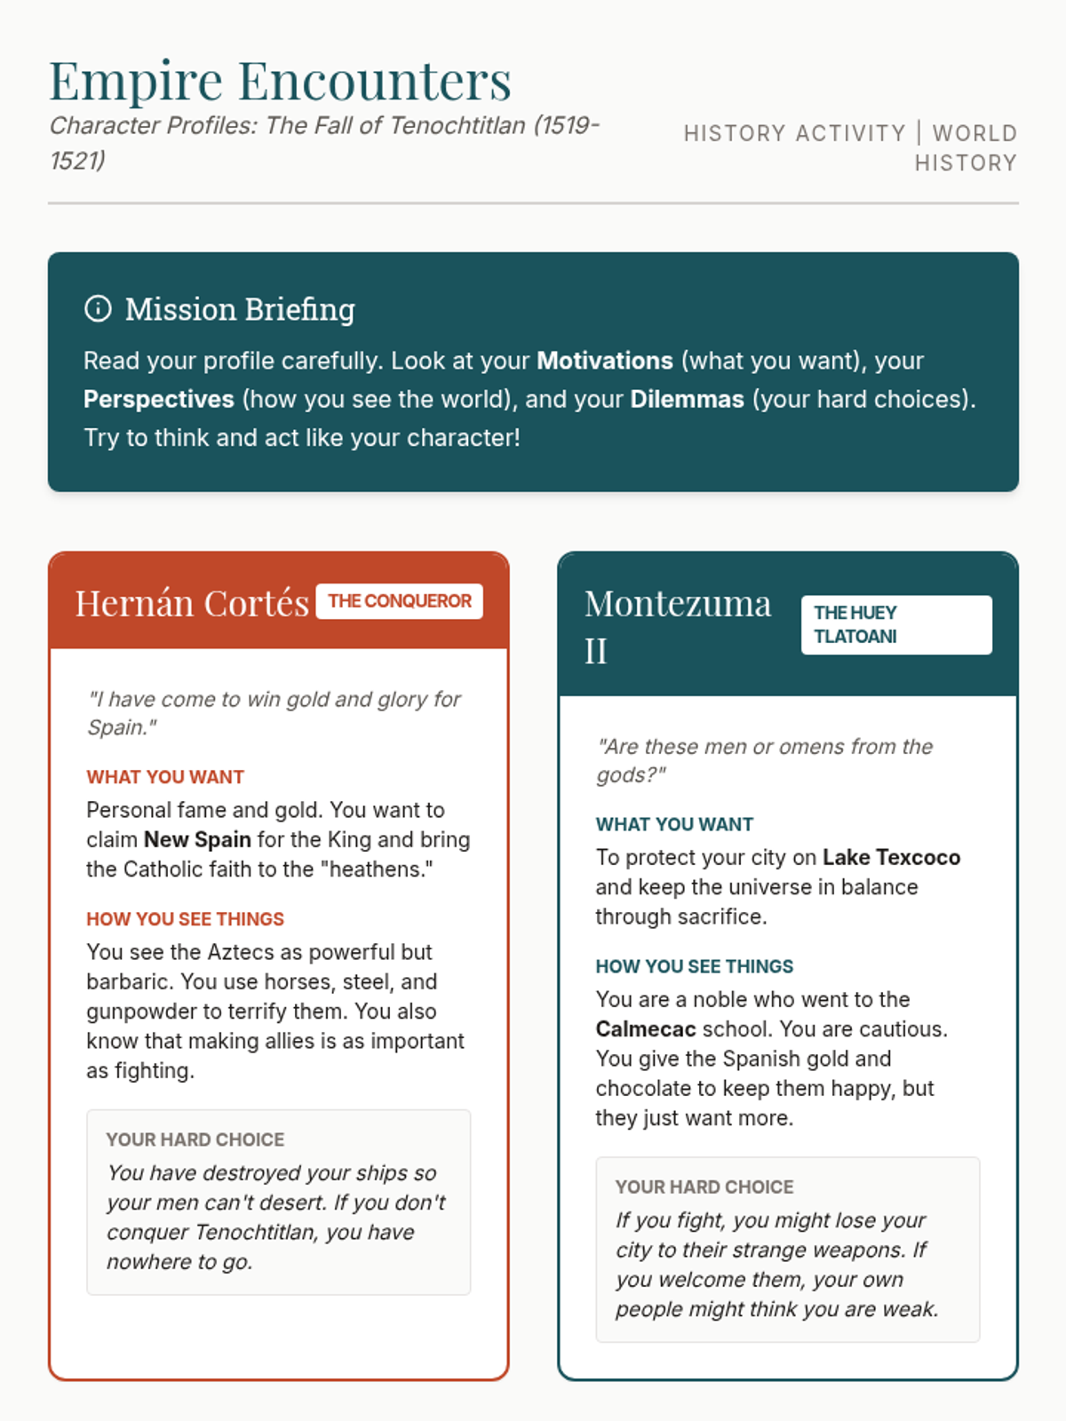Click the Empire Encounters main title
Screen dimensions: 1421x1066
(x=280, y=81)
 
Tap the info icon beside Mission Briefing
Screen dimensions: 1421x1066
(x=98, y=309)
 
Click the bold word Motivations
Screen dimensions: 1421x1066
(x=604, y=361)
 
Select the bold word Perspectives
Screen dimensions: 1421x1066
(x=158, y=399)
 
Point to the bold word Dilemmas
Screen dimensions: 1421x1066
(x=687, y=399)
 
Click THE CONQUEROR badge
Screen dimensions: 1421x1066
(x=399, y=601)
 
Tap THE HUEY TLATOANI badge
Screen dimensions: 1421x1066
(x=895, y=624)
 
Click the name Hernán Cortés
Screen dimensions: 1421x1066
(x=192, y=604)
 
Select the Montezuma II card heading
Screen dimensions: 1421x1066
(x=677, y=626)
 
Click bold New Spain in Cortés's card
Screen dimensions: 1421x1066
(x=197, y=839)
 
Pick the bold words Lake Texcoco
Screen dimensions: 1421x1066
(x=891, y=857)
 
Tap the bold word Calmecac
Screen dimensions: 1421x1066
(x=646, y=1028)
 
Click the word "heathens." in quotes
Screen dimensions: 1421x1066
(x=380, y=869)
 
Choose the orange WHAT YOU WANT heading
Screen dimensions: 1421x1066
(x=165, y=777)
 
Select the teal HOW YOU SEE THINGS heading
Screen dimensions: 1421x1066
(x=694, y=966)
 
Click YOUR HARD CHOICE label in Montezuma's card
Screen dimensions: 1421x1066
(x=704, y=1187)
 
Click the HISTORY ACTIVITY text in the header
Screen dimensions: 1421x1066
(x=794, y=133)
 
